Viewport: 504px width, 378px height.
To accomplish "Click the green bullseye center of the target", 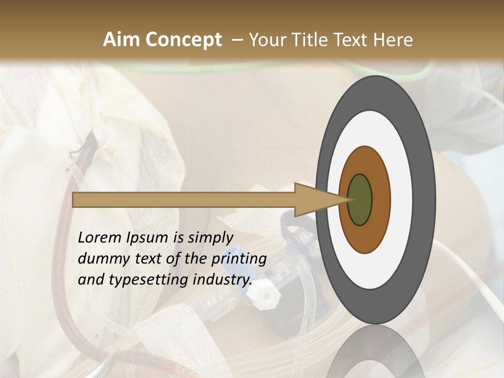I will click(x=360, y=199).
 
